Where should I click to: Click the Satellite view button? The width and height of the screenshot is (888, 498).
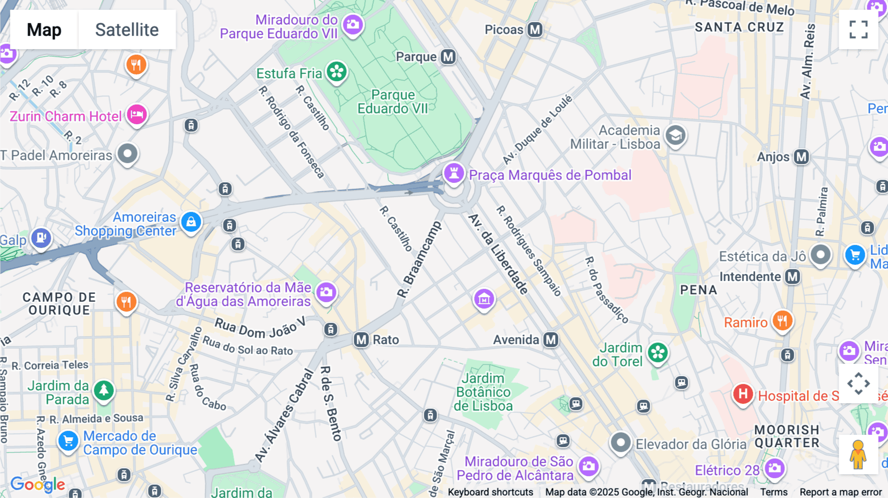coord(127,30)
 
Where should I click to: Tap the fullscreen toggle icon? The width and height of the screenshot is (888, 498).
coord(858,30)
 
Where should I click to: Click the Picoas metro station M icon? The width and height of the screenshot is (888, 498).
coord(535,30)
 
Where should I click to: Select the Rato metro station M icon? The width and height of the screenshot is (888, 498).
coord(361,340)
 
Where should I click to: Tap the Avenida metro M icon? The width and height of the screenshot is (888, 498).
coord(551,340)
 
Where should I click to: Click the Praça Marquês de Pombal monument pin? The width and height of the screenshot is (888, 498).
coord(454,174)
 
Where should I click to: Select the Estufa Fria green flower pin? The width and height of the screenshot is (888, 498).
coord(337,72)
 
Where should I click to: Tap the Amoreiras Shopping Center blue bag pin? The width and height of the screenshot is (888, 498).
coord(191,222)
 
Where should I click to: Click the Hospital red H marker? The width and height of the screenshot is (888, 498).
coord(742,394)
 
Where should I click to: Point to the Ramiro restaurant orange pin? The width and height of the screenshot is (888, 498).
coord(782,321)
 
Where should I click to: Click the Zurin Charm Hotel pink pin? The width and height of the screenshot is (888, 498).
coord(137,115)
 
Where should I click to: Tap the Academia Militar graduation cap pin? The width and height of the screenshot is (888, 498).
coord(675,135)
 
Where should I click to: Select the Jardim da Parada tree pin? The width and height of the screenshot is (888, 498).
coord(104,391)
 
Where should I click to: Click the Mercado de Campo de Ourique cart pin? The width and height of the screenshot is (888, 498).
coord(68,441)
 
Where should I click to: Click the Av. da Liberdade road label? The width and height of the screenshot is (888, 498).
coord(498,254)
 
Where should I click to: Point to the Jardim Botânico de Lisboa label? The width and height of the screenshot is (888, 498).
coord(483,392)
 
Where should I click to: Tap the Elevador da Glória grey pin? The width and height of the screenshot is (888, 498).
coord(621,442)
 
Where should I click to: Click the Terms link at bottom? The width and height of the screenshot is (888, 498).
coord(774,492)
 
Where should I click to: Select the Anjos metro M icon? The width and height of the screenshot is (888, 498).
coord(801,157)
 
